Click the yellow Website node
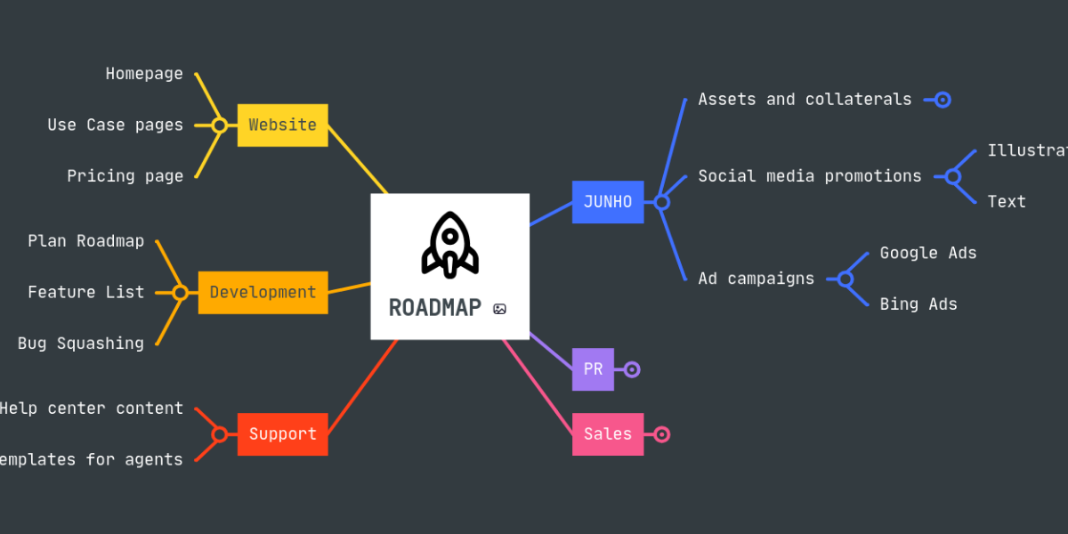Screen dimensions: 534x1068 282,125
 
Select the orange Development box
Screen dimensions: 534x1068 263,292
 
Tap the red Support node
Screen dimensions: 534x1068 282,434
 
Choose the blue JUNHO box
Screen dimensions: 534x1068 607,202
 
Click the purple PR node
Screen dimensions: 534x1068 593,369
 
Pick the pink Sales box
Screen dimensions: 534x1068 607,434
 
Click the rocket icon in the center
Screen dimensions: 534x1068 449,244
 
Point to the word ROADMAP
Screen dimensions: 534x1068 434,308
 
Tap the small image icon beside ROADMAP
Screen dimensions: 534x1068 500,309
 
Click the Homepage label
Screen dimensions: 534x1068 144,74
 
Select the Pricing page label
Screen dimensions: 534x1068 125,176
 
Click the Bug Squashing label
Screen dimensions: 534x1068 80,344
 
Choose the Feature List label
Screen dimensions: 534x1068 85,292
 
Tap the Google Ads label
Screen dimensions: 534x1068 928,253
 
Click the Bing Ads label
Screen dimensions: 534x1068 918,304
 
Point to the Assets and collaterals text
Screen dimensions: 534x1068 805,100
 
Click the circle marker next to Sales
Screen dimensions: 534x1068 661,434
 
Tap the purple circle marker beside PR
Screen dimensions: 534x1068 632,369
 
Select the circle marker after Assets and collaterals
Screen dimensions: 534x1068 943,100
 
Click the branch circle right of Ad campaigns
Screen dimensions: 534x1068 845,279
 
